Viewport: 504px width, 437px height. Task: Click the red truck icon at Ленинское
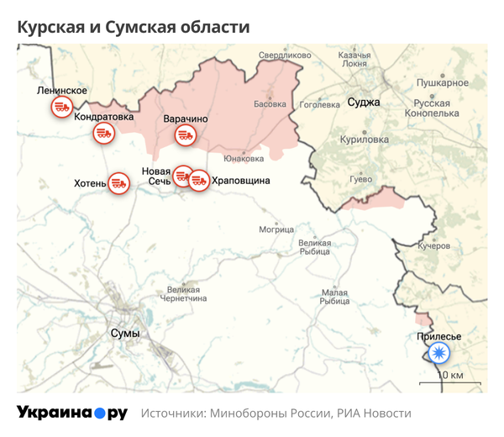[x=61, y=107]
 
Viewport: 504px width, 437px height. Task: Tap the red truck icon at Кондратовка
[x=104, y=133]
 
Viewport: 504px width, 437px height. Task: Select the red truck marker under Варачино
[x=185, y=135]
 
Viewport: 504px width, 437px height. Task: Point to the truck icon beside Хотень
[x=119, y=182]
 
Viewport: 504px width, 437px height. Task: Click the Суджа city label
[x=364, y=103]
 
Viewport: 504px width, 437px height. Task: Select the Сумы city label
[x=125, y=334]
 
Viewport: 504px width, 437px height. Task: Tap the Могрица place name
[x=276, y=229]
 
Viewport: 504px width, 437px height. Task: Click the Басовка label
[x=270, y=105]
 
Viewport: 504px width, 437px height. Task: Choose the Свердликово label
[x=281, y=55]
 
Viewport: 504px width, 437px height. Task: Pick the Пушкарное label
[x=442, y=83]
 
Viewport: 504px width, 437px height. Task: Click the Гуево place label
[x=360, y=179]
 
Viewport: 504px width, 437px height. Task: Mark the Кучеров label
[x=434, y=246]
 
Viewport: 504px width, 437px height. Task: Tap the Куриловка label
[x=364, y=140]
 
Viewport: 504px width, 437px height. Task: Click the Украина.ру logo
[x=72, y=413]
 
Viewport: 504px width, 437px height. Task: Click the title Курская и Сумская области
[x=134, y=27]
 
